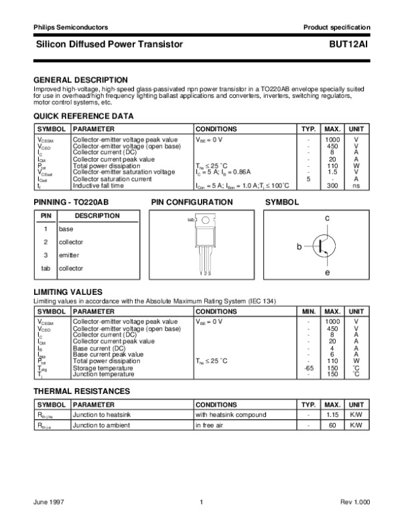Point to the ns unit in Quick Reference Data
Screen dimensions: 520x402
356,186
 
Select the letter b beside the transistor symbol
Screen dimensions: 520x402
299,247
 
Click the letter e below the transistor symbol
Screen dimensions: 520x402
327,273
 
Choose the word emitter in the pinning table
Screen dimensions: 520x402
69,255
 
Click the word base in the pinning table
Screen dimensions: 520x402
66,229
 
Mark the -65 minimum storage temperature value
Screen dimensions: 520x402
309,368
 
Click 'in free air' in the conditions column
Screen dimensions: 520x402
210,426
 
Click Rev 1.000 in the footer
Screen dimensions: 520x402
356,501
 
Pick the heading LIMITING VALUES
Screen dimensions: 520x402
68,292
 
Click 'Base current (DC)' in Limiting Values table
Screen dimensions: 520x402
98,348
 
